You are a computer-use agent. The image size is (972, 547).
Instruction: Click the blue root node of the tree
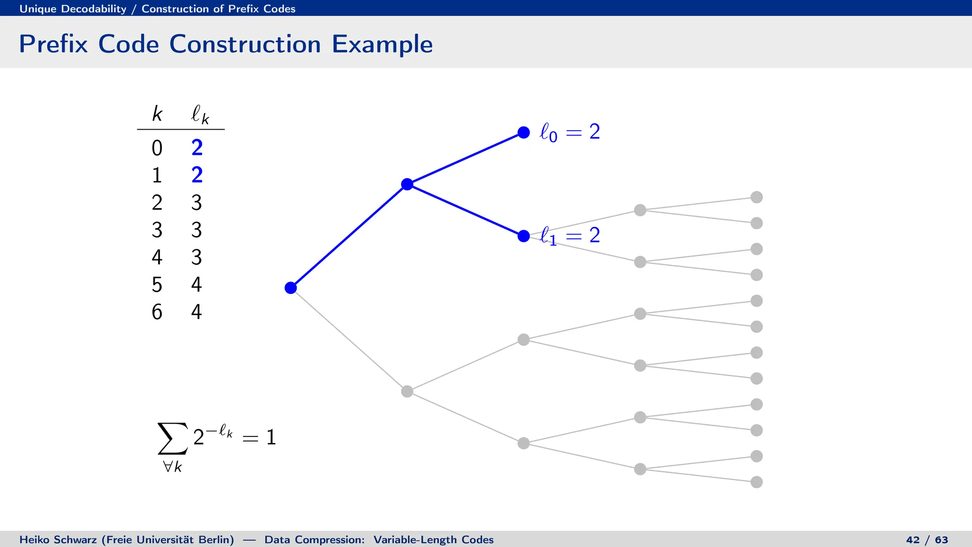[x=290, y=288]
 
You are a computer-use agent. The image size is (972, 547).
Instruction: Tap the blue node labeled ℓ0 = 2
[x=523, y=132]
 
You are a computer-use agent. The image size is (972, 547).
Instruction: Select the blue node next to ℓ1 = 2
[x=523, y=236]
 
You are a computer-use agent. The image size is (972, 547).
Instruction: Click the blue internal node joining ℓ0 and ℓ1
[x=407, y=184]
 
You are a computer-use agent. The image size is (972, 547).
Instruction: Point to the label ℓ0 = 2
[x=570, y=132]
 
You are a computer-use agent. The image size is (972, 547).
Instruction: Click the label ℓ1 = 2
[x=570, y=236]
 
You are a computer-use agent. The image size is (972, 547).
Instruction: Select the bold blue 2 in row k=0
[x=197, y=148]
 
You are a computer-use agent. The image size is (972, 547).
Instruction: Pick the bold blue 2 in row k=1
[x=197, y=175]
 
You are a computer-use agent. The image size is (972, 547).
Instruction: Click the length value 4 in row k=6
[x=196, y=312]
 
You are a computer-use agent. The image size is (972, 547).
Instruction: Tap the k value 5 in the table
[x=157, y=285]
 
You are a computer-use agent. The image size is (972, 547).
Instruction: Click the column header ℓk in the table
[x=200, y=114]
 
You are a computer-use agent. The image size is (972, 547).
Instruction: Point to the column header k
[x=157, y=114]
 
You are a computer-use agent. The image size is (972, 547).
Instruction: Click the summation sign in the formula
[x=172, y=438]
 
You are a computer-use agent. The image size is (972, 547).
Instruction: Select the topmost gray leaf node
[x=757, y=197]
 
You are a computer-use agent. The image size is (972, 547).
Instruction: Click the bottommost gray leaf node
[x=757, y=482]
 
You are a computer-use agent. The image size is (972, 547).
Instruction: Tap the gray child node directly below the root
[x=407, y=391]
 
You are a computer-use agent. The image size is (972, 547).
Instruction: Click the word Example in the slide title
[x=382, y=44]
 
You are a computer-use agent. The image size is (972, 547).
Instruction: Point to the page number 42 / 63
[x=927, y=540]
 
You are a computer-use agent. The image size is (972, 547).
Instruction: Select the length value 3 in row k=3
[x=196, y=230]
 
